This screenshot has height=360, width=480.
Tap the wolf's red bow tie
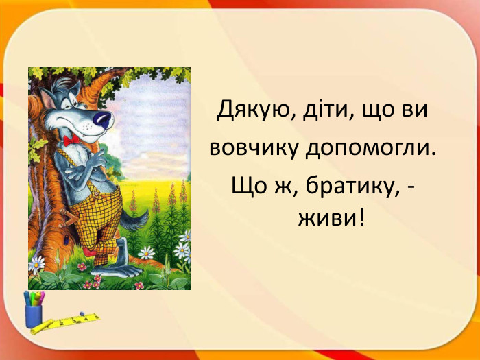[71, 141]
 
